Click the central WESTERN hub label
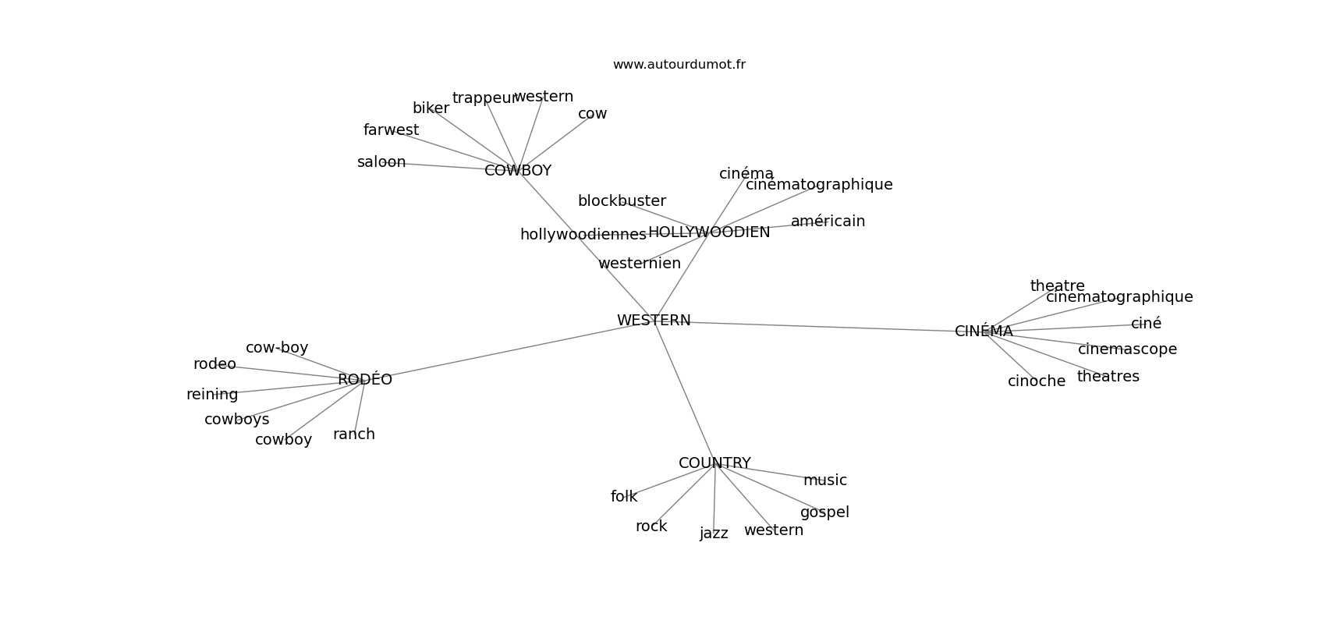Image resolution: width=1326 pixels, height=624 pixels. coord(654,321)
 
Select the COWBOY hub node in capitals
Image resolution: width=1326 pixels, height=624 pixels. coord(518,171)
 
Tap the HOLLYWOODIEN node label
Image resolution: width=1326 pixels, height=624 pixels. coord(709,232)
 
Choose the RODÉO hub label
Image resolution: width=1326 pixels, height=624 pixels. coord(365,380)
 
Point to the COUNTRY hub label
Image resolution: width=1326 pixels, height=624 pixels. coord(714,463)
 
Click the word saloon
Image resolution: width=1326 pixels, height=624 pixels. coord(381,162)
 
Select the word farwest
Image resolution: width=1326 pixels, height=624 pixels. coord(391,130)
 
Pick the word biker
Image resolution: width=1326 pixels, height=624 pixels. coord(431,108)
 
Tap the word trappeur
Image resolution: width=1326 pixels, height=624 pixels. coord(484,98)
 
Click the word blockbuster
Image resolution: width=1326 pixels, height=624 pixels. coord(622,201)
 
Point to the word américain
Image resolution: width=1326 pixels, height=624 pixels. coord(828,222)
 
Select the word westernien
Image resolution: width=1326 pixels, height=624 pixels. coord(640,264)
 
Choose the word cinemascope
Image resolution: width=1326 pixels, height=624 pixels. coord(1127,349)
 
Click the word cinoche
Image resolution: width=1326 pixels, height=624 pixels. coord(1036,381)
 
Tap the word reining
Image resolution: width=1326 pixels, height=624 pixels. coord(212,395)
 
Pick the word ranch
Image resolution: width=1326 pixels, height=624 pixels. coord(354,434)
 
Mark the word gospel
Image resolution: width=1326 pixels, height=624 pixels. coord(824,512)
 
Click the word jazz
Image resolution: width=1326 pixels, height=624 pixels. coord(714,534)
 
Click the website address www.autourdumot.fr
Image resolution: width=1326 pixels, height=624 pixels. coord(679,65)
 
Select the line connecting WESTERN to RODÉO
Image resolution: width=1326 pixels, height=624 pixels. coord(507,352)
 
